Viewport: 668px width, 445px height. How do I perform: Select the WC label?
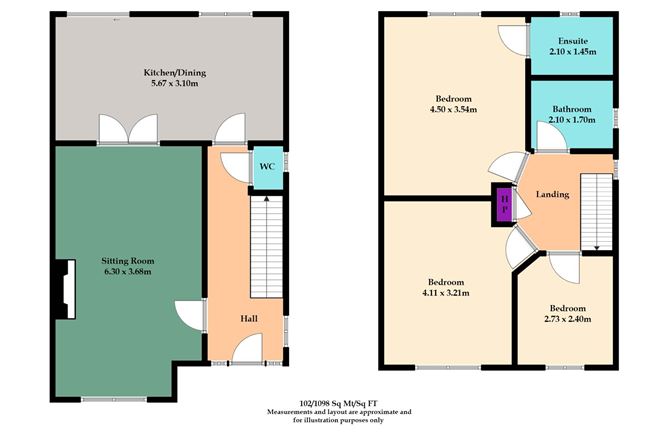[267, 166]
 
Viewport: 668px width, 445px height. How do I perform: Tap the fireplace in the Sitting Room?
[64, 290]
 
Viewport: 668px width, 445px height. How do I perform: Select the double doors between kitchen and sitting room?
[127, 130]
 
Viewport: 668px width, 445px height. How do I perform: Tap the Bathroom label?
[571, 109]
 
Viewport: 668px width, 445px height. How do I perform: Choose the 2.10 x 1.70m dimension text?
[571, 121]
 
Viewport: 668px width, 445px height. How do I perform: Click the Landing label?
[553, 194]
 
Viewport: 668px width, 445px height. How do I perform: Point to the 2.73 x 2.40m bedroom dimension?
[565, 319]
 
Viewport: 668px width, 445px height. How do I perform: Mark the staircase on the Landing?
[596, 209]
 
